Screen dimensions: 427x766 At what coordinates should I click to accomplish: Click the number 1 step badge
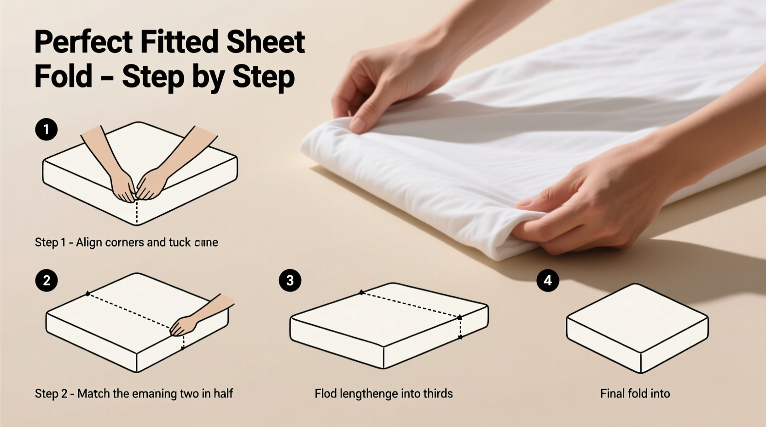46,129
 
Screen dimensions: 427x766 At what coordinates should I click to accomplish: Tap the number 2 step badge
46,280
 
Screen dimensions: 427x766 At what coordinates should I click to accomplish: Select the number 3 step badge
290,280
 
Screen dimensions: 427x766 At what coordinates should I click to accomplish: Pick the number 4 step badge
548,280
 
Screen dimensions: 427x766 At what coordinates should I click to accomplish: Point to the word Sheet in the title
266,42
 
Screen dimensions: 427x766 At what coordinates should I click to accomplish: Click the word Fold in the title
63,76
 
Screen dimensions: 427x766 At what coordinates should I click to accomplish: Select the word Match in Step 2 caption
93,393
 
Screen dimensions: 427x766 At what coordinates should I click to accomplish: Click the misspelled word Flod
325,393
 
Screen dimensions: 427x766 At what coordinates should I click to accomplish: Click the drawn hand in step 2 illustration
184,325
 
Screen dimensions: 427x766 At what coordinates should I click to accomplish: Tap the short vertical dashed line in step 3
460,328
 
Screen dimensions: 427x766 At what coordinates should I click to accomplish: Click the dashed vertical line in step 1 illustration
137,212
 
